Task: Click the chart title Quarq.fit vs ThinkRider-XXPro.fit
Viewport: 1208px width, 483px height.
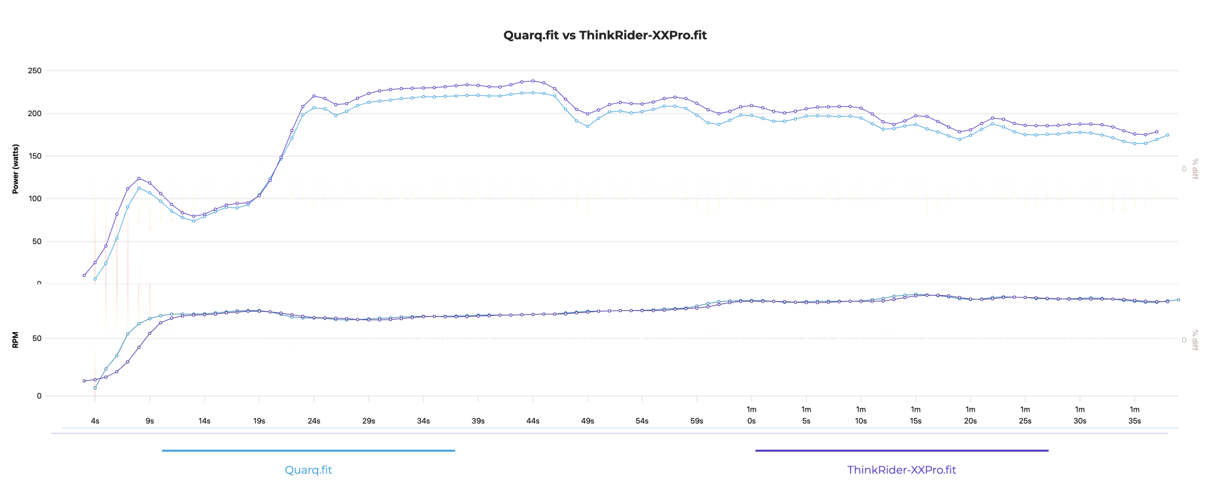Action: click(605, 35)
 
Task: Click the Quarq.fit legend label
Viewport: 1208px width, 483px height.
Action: click(308, 470)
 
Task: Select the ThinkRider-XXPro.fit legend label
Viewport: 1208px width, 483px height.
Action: click(901, 470)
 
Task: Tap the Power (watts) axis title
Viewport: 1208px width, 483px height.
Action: click(16, 169)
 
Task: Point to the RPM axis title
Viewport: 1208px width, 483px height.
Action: click(16, 340)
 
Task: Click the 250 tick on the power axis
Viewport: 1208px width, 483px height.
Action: click(35, 71)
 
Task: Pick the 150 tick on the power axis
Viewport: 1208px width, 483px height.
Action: click(35, 156)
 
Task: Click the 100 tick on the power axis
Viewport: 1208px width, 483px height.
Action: click(35, 199)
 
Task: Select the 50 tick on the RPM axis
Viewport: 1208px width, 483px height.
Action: click(37, 339)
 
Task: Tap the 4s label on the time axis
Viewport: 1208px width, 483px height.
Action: click(95, 421)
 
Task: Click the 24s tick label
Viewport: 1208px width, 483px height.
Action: click(314, 421)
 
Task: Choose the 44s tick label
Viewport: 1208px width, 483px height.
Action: click(533, 421)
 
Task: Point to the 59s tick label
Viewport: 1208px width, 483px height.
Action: click(697, 421)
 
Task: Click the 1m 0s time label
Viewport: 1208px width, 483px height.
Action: click(751, 416)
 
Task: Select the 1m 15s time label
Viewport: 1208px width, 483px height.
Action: click(915, 416)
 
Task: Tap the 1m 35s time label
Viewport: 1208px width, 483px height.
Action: click(1134, 416)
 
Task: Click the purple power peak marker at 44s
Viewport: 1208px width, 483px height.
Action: click(533, 81)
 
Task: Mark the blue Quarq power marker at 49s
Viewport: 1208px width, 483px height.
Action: click(587, 126)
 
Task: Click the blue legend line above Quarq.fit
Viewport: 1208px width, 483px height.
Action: click(308, 451)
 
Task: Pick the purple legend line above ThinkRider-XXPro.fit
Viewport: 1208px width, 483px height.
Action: click(901, 451)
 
